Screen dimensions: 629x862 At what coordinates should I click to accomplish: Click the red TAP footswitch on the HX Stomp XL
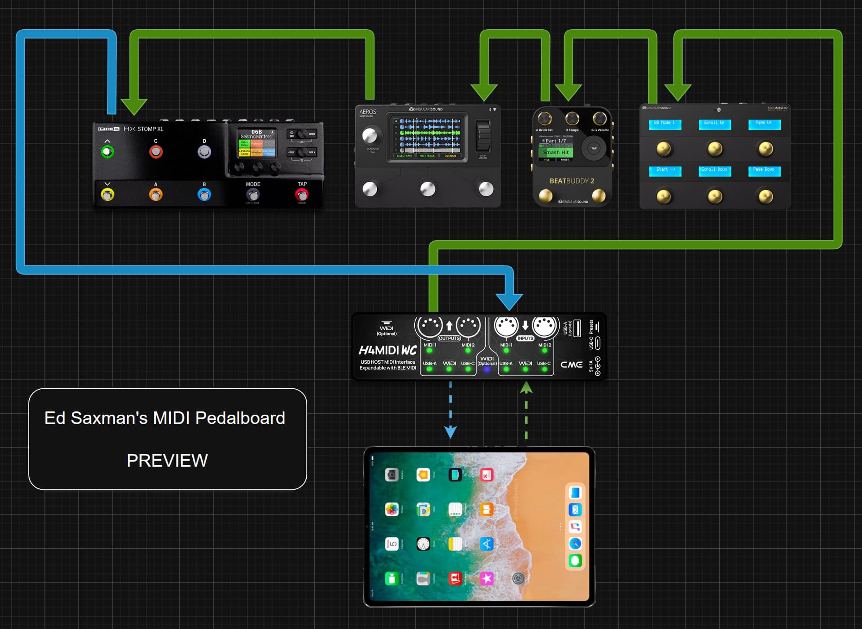point(302,195)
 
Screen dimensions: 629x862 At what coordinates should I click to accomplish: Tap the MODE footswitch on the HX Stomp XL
point(253,195)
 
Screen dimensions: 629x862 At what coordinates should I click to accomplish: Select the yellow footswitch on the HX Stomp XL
point(108,195)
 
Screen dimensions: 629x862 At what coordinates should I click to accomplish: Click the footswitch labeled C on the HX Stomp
point(156,152)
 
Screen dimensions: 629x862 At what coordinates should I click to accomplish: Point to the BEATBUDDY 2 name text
point(571,181)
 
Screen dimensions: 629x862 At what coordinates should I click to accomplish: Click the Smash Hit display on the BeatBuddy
point(556,152)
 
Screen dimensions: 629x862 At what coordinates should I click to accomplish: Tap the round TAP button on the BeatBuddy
point(594,148)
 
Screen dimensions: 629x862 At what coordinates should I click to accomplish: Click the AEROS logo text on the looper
point(368,112)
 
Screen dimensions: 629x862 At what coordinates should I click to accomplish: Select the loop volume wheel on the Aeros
point(483,135)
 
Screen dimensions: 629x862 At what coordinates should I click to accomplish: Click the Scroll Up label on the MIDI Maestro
point(714,123)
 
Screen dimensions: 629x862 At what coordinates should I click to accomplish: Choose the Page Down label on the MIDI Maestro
point(764,170)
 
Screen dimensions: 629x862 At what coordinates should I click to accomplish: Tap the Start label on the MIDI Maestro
point(665,170)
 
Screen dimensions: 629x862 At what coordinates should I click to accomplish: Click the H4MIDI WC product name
point(387,350)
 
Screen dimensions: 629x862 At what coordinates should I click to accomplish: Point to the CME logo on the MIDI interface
point(571,365)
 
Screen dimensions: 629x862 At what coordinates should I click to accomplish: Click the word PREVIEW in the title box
point(167,461)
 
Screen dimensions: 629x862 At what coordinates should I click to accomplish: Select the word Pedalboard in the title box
point(240,418)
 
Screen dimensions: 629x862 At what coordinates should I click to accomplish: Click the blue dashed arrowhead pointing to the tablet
point(450,432)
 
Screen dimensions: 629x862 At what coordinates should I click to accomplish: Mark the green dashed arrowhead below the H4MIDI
point(526,388)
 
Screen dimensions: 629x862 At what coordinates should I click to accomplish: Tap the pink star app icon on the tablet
point(487,578)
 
